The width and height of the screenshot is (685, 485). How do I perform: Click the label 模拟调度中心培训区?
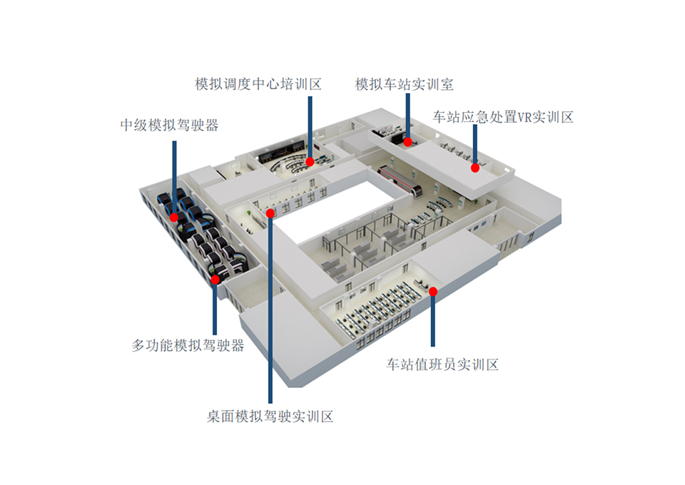258,84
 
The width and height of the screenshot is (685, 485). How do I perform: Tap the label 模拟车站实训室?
404,84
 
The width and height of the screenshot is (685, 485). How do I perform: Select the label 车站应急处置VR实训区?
503,117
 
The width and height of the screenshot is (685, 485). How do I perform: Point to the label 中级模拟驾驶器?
170,126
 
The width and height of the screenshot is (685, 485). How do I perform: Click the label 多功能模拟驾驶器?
188,345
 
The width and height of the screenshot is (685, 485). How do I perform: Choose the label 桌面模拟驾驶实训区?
270,416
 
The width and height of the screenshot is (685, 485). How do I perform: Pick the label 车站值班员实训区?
442,364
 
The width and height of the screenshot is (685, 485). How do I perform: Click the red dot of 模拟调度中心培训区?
310,162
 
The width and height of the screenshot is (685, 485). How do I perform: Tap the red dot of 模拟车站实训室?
407,142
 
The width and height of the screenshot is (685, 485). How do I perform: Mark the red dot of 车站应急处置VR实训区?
475,168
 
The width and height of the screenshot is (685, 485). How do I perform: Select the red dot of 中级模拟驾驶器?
174,218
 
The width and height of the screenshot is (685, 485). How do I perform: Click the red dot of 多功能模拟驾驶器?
215,280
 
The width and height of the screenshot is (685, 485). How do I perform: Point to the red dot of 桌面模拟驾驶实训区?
270,213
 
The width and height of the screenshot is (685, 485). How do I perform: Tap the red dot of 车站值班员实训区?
433,292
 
